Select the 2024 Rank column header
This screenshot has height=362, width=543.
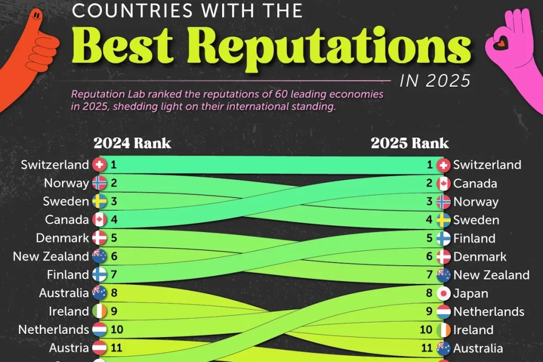pos(132,143)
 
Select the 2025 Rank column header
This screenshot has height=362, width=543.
pos(409,143)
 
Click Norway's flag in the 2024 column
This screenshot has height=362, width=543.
pos(99,183)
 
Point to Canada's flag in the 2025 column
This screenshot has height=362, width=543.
pos(443,184)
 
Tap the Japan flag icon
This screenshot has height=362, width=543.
pos(443,293)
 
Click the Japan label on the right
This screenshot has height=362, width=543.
pos(470,293)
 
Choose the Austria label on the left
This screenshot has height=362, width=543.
pos(69,348)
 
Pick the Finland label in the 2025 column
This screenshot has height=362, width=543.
pos(474,239)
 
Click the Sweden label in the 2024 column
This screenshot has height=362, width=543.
pos(66,201)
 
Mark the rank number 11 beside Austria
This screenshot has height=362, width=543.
pos(117,348)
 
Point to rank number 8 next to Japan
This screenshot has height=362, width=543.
pos(430,293)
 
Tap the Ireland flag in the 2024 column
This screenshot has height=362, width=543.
pos(99,311)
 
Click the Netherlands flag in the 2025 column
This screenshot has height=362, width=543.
pos(443,312)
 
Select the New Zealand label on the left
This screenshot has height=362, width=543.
pos(51,257)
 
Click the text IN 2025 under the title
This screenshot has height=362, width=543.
pos(435,81)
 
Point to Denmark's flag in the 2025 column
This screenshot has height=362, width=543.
pos(443,257)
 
